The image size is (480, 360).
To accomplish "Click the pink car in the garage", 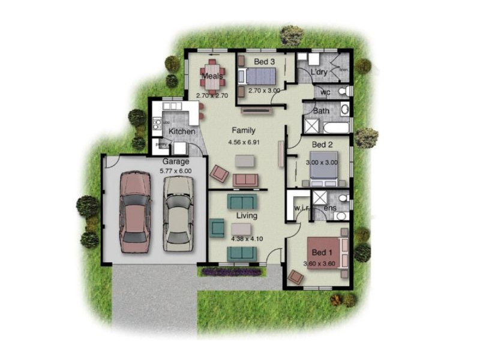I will (x=135, y=212).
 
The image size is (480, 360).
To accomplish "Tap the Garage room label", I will (x=176, y=162).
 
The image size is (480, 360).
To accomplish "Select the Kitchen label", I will (x=182, y=131).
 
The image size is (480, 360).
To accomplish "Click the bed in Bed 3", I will (x=259, y=77).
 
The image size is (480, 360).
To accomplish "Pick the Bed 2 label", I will (x=322, y=145).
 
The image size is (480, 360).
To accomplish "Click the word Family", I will (x=244, y=130).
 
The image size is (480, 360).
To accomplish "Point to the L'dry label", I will (x=319, y=73).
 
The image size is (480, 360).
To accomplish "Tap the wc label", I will (x=325, y=92).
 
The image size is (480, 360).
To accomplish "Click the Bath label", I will (x=322, y=111).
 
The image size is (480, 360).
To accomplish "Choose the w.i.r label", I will (x=301, y=208).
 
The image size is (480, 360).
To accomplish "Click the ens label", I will (x=330, y=208).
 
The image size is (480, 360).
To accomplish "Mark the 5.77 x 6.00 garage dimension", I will (x=176, y=171).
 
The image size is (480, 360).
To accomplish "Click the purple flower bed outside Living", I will (x=231, y=272).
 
